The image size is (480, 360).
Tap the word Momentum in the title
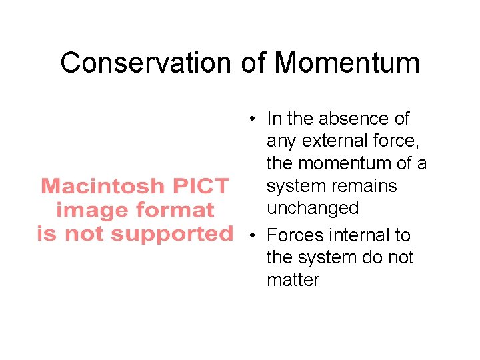[347, 63]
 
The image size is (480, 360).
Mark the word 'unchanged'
[313, 208]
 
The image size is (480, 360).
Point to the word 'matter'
[293, 279]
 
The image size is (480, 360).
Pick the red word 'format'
[175, 211]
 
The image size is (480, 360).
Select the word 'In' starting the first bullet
[274, 119]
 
